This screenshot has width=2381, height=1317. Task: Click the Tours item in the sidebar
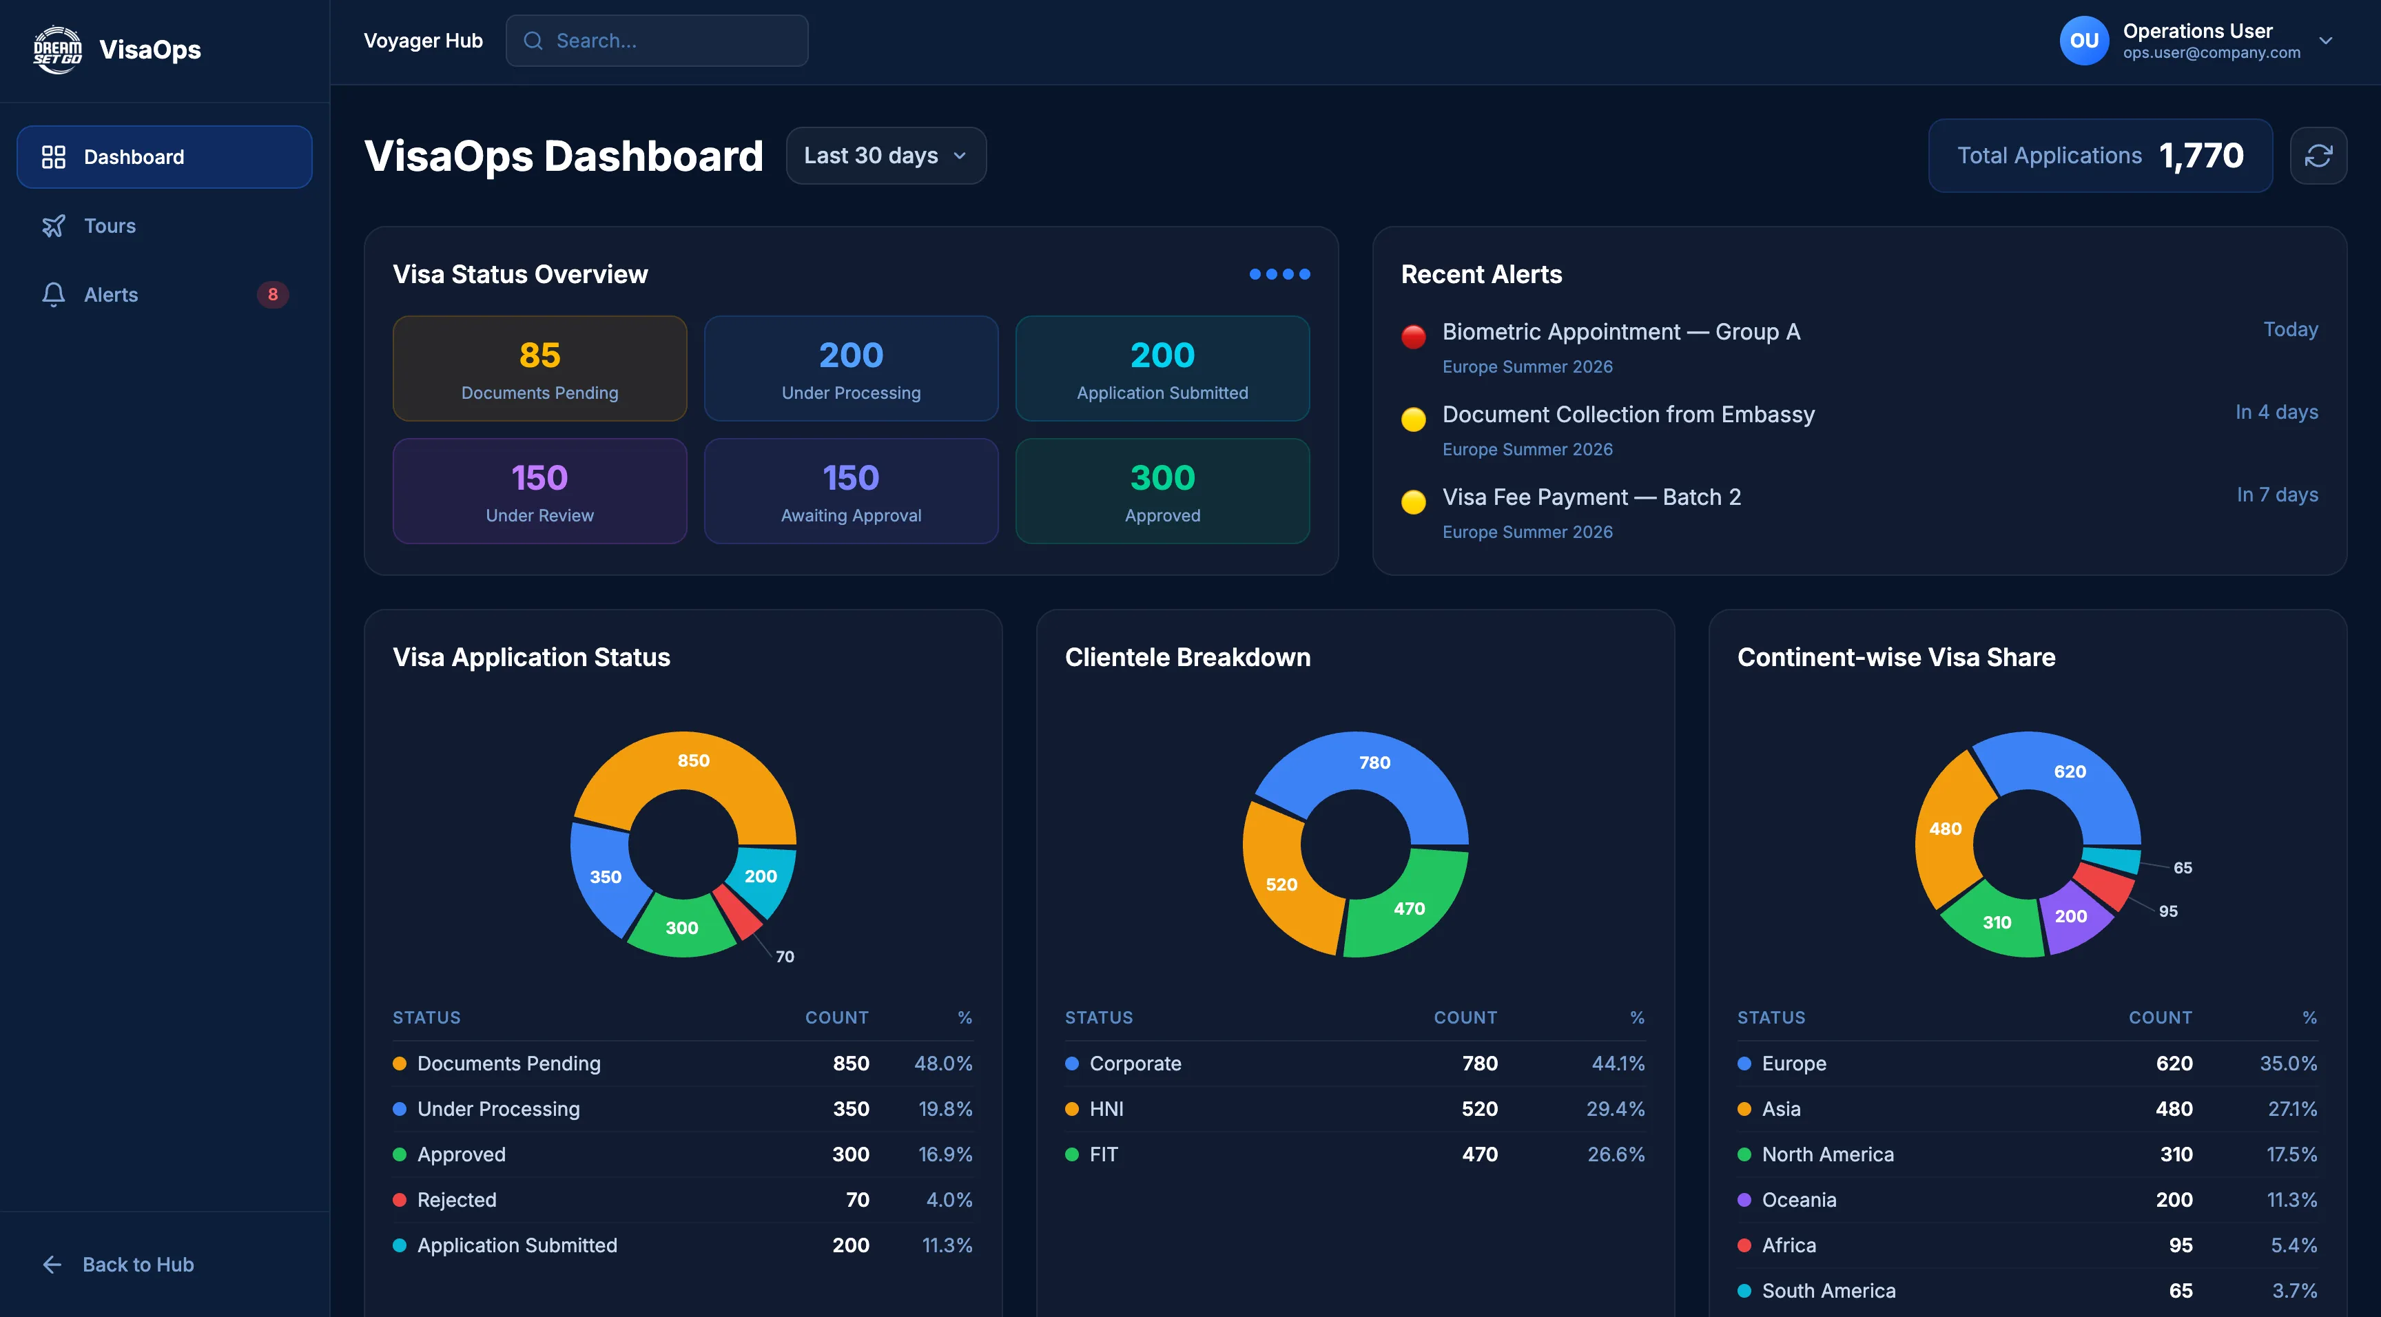click(x=109, y=225)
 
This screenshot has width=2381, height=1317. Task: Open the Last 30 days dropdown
click(x=885, y=155)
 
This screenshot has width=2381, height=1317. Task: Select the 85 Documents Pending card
click(x=540, y=368)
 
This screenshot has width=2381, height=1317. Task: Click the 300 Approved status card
click(x=1162, y=490)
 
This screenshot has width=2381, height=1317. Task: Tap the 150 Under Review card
click(x=540, y=490)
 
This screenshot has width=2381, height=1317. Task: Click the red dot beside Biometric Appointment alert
click(x=1412, y=336)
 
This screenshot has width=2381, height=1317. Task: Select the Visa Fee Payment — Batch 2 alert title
click(x=1591, y=497)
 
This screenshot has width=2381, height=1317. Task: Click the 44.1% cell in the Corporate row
click(x=1618, y=1064)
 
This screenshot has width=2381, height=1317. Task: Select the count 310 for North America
click(x=2175, y=1154)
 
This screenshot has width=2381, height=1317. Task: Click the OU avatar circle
click(x=2083, y=41)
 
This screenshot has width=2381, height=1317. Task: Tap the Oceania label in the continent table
click(x=1799, y=1200)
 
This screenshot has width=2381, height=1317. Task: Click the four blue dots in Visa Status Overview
click(x=1279, y=275)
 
